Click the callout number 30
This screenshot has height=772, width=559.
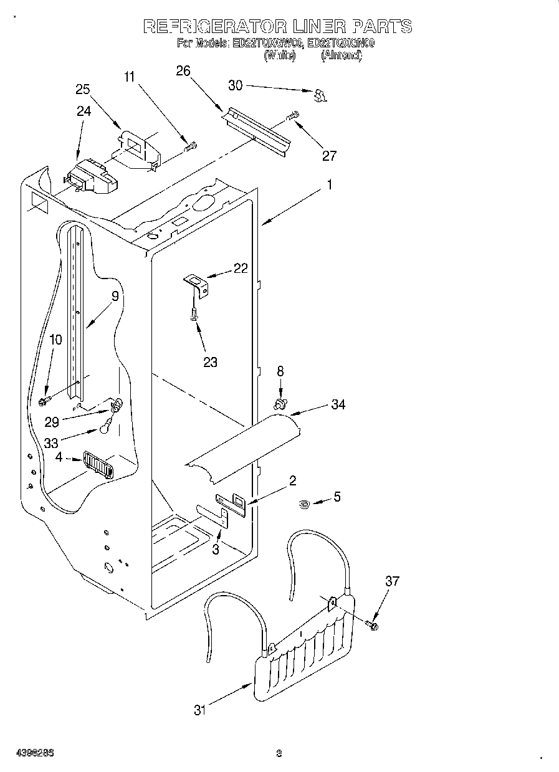236,86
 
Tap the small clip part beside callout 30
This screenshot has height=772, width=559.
320,95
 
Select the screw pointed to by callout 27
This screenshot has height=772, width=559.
292,116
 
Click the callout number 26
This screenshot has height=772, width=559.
183,71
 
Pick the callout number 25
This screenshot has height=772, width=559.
83,89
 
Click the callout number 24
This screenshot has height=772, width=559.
84,112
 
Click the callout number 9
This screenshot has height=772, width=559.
115,297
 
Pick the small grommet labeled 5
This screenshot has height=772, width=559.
304,503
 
